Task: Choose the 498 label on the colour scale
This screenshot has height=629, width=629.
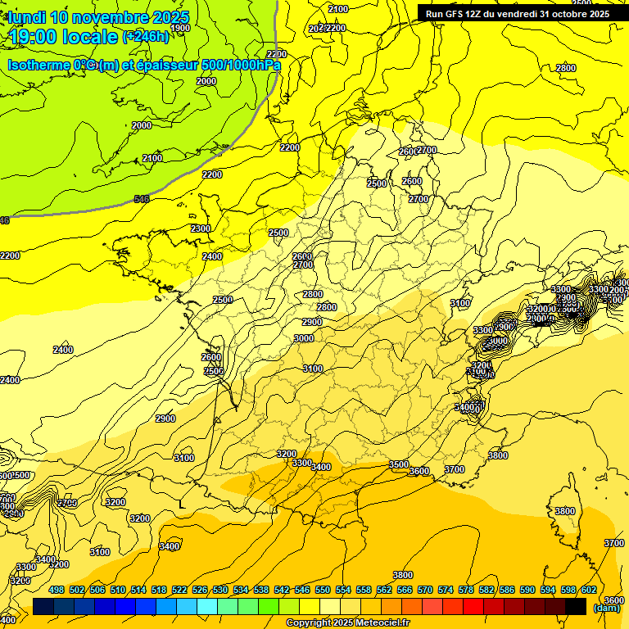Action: (x=57, y=590)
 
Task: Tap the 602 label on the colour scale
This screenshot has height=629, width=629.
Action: (x=589, y=590)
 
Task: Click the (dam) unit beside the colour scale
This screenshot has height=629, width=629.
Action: (x=606, y=607)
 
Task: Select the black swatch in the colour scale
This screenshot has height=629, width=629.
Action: (x=576, y=606)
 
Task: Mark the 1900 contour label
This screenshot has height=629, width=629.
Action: (x=180, y=28)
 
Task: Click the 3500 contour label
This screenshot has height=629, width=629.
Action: (x=399, y=464)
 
